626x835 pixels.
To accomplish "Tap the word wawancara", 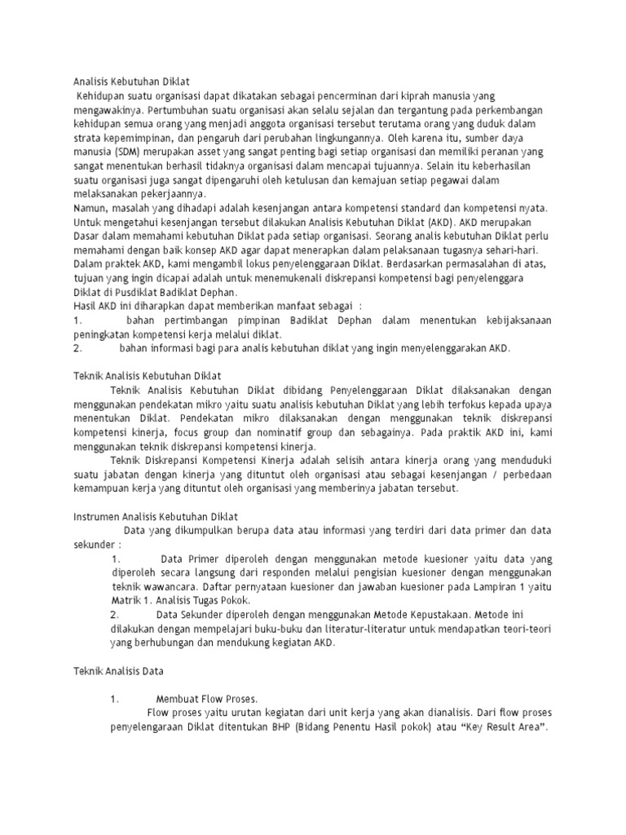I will coord(170,586).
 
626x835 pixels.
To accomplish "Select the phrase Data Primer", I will coord(190,559).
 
